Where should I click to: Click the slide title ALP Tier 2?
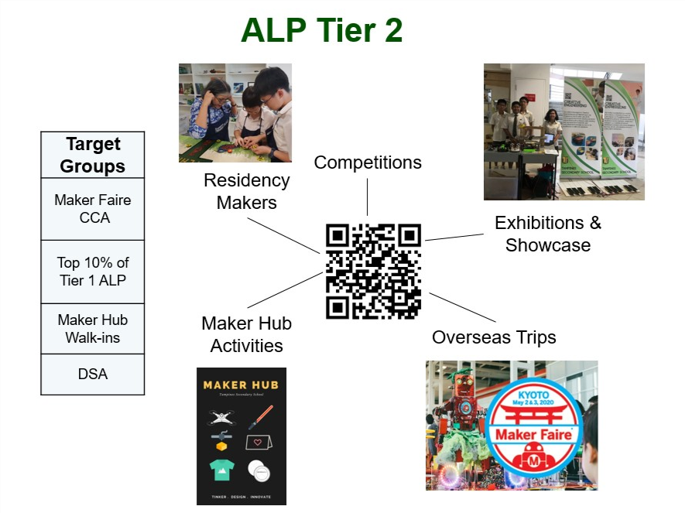pos(321,31)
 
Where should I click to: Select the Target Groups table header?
pos(93,155)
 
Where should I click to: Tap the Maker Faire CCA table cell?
pos(93,209)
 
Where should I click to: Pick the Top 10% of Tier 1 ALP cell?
pos(93,272)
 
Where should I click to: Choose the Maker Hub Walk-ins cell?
pos(93,329)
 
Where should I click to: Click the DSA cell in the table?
pos(93,374)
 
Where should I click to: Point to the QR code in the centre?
pos(373,271)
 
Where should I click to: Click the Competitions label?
pos(368,162)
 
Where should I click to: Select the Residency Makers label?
pos(246,191)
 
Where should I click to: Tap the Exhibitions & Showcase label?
pos(548,234)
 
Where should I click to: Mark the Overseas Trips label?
pos(494,337)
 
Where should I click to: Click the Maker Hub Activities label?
pos(246,334)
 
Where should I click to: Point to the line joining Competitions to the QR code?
pos(368,197)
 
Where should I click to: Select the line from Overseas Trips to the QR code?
pos(462,307)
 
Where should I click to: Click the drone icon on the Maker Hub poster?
pos(221,418)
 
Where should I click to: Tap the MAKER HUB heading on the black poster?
pos(241,385)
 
